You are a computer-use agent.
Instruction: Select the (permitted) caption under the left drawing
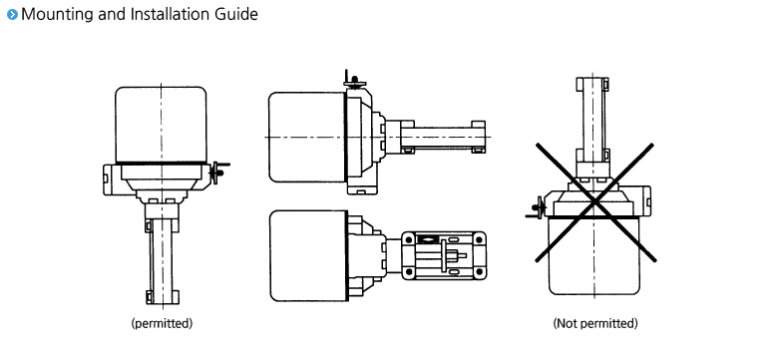coord(161,323)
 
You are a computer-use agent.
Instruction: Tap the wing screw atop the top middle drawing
coord(349,79)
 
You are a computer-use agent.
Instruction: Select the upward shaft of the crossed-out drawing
coord(595,120)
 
